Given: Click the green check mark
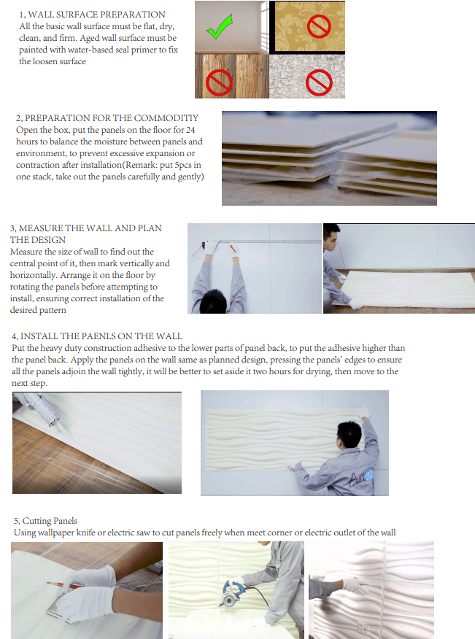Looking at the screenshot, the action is [220, 27].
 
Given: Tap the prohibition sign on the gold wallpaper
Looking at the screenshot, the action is [319, 26].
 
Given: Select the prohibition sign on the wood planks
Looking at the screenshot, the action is [220, 82].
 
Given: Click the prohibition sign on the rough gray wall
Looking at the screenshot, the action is [319, 82].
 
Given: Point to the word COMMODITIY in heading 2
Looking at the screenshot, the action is [166, 118].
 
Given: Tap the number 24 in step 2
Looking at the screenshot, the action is [190, 130].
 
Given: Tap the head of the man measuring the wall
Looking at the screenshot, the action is [216, 301].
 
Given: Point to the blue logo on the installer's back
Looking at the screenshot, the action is [368, 475].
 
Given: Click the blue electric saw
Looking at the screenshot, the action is [231, 594].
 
